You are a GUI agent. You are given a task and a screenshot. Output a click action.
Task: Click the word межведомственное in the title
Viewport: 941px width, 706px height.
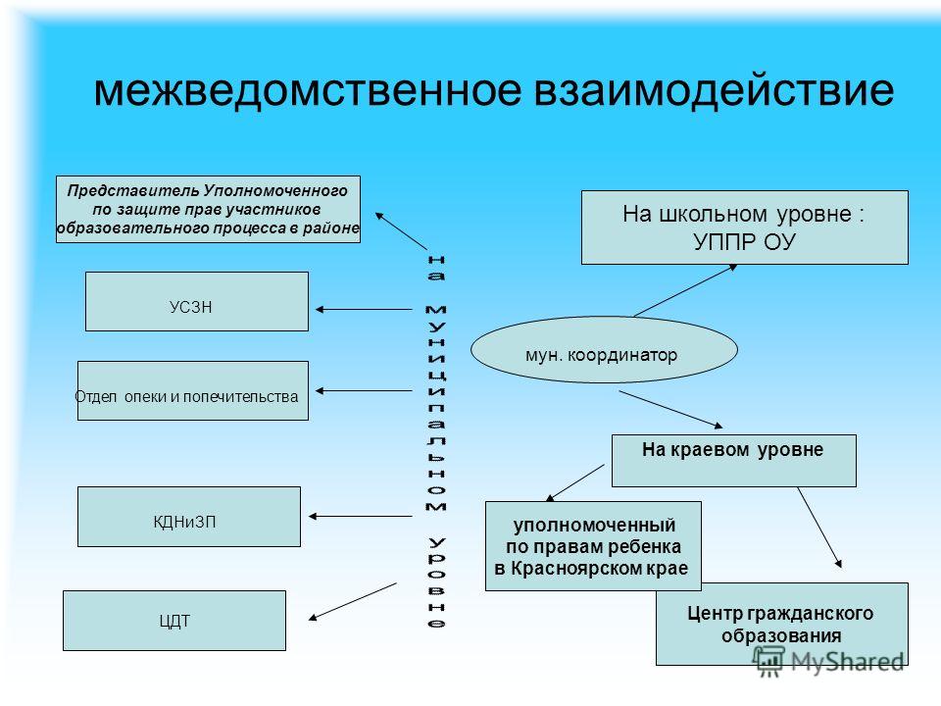point(309,90)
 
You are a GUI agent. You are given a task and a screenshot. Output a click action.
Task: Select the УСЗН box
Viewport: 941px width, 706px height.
point(197,301)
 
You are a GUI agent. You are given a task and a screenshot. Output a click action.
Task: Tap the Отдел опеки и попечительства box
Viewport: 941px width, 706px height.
point(193,391)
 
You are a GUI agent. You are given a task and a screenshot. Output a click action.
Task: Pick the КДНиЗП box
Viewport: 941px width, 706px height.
point(189,517)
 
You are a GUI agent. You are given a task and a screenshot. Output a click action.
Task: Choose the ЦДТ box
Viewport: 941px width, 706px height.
point(174,621)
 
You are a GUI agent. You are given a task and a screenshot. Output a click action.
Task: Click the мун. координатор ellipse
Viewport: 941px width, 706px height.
point(604,350)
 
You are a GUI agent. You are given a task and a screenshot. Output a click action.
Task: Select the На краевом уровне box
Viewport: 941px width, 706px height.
point(734,461)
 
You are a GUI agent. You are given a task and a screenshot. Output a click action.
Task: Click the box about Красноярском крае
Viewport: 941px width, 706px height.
point(593,546)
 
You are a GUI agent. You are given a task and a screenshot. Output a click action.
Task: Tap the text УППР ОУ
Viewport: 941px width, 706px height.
point(744,242)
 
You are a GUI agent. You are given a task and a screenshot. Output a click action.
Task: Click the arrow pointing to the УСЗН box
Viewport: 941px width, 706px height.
point(364,309)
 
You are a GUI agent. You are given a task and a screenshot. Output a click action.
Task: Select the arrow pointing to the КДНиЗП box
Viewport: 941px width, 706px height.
point(360,517)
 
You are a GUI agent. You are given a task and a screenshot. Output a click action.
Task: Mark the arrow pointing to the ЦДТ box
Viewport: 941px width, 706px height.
point(352,601)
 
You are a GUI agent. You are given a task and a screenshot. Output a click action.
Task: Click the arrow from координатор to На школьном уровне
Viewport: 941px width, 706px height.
point(685,290)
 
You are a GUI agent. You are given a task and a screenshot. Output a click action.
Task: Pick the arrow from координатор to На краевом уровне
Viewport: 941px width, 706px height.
point(670,410)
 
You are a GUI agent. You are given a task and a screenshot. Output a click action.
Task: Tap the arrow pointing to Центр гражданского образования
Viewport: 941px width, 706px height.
point(819,528)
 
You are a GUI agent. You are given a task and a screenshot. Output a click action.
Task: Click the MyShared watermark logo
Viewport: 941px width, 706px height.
point(829,661)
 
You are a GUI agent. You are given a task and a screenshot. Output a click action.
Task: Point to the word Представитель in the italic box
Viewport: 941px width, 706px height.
point(132,191)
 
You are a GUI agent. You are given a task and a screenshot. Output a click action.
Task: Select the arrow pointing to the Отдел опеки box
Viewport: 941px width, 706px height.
point(364,391)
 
